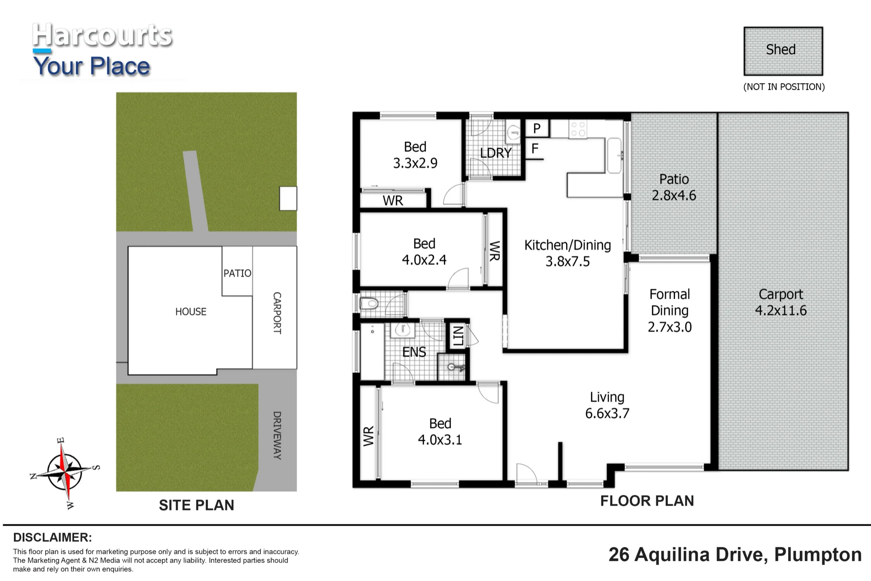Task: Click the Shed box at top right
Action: [783, 51]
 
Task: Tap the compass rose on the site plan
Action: [64, 473]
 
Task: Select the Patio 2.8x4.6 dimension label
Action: [674, 187]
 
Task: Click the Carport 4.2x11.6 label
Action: [781, 302]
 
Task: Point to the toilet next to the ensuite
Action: [369, 303]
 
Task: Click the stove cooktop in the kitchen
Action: [578, 129]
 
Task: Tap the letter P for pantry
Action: [537, 128]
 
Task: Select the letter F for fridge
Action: [535, 149]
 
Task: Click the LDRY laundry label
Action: [496, 153]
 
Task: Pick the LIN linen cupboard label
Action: [458, 336]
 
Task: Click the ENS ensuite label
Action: [414, 352]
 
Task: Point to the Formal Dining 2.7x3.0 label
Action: [670, 311]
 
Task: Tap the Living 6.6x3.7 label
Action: [607, 405]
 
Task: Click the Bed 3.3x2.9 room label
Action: [415, 155]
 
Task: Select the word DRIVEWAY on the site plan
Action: [277, 436]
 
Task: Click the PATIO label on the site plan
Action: [237, 273]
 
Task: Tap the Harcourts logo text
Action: [102, 35]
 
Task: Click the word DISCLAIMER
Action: [53, 537]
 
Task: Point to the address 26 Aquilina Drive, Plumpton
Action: [735, 555]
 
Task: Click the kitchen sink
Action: [614, 155]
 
